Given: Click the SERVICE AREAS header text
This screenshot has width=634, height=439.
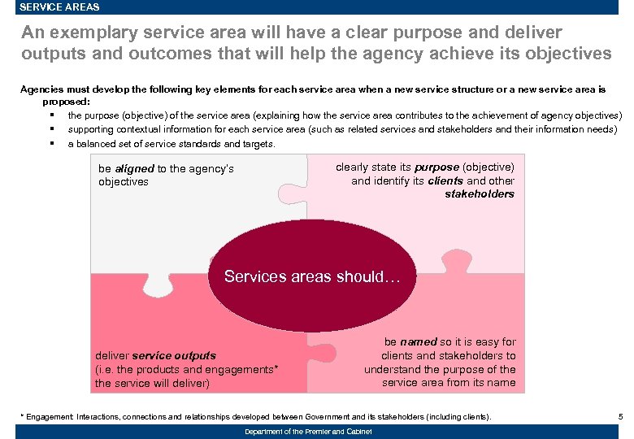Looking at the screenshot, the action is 59,7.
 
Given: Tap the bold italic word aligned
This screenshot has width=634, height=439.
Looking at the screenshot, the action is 134,169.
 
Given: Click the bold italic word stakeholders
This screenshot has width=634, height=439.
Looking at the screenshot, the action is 480,194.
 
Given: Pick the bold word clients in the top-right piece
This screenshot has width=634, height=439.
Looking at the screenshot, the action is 445,181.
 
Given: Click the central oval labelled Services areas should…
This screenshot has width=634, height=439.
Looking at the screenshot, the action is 312,276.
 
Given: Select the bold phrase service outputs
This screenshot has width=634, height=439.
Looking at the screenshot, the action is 173,356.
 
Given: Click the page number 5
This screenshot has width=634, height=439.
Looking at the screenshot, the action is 620,417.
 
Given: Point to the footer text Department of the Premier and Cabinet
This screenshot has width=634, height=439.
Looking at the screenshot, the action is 308,432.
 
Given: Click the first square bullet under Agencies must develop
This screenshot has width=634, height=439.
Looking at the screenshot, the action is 51,115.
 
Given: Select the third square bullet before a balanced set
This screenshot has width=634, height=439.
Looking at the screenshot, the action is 51,144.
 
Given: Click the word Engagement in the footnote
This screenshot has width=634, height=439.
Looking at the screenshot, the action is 50,417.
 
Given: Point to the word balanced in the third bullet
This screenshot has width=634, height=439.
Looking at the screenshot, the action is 97,144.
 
